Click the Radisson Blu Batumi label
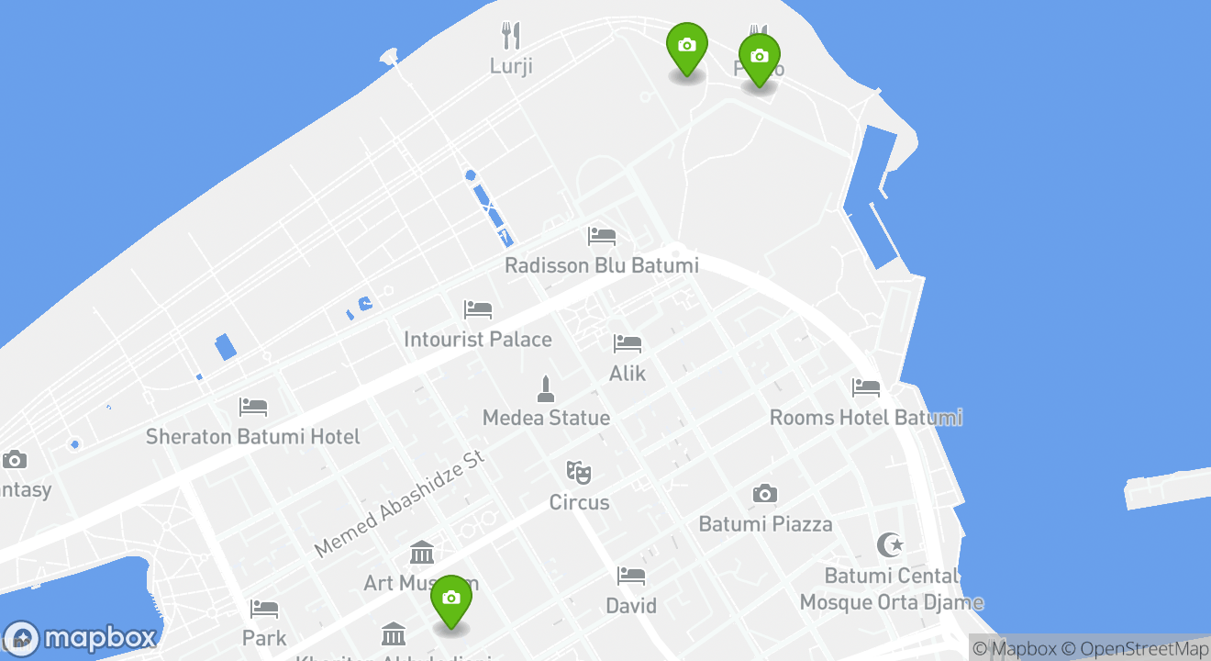[601, 265]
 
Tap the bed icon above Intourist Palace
[477, 309]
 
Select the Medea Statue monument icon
[546, 389]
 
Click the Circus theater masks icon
[578, 473]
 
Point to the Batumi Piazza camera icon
[764, 494]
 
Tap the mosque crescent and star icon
[890, 544]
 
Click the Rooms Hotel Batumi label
[865, 418]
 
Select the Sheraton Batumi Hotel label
[253, 436]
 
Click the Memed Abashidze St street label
[398, 503]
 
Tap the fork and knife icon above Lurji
[511, 36]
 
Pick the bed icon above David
[631, 576]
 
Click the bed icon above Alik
[628, 343]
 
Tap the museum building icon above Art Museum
[422, 553]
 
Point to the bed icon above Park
[264, 608]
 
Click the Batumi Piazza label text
[765, 524]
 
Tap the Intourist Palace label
[477, 340]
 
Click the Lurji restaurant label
[511, 66]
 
